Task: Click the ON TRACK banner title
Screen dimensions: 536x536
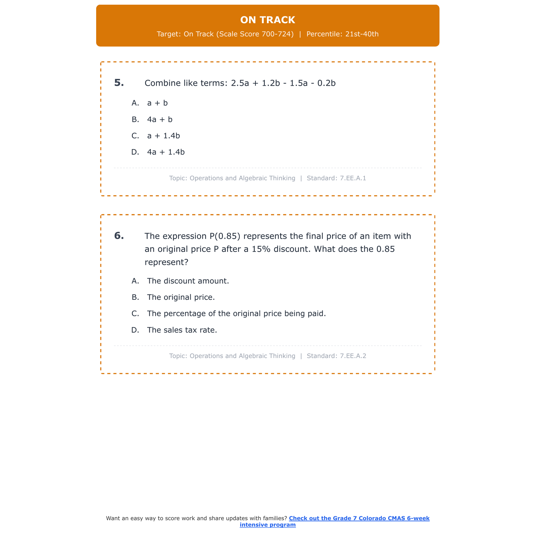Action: point(268,20)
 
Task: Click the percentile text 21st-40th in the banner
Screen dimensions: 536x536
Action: point(362,34)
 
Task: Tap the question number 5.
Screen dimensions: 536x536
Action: point(119,83)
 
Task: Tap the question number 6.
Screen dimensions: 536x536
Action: point(119,236)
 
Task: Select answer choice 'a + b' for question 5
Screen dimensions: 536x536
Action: point(157,103)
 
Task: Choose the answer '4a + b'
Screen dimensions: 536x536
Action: point(160,120)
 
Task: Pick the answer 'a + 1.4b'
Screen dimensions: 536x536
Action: point(163,136)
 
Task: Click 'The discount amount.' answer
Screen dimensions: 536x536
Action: point(188,281)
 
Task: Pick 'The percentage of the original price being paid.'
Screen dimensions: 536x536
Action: point(236,314)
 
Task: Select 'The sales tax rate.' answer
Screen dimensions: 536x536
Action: point(182,330)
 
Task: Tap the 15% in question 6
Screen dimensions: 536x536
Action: point(261,249)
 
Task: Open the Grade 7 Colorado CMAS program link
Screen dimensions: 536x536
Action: point(359,518)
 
